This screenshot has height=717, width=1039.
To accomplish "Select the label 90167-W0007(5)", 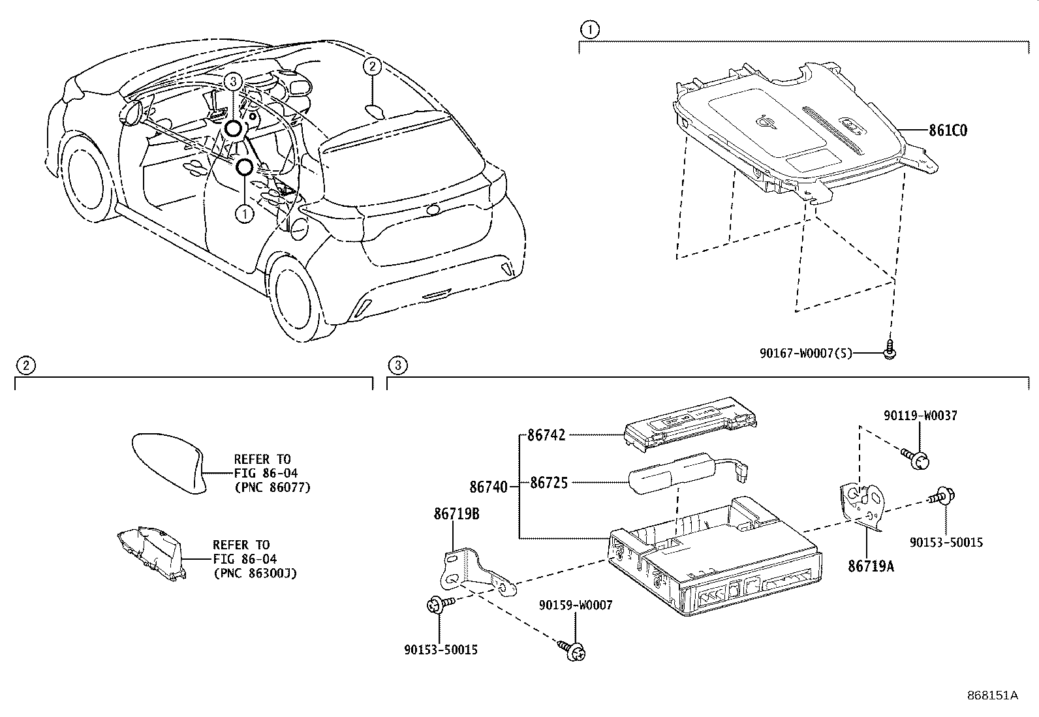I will [x=805, y=354].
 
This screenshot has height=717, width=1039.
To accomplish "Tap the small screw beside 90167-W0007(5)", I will [x=888, y=350].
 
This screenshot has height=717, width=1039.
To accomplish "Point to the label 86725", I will [x=548, y=483].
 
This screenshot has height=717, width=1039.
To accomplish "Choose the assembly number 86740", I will [x=488, y=487].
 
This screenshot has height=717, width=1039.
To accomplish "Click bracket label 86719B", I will [x=456, y=515].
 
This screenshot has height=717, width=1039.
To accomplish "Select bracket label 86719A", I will [x=871, y=566].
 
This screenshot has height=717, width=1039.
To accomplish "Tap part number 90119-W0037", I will [x=920, y=416].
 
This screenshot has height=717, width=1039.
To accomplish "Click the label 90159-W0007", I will [x=576, y=605].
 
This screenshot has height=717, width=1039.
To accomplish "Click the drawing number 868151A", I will [x=992, y=695].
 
